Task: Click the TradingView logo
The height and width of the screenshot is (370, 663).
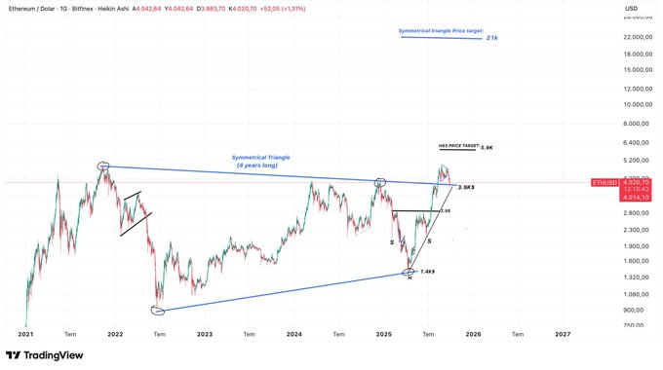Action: (x=46, y=356)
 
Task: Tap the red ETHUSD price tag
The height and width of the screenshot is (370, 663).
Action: (x=604, y=182)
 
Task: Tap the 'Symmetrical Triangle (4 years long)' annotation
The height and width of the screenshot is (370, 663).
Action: (x=261, y=161)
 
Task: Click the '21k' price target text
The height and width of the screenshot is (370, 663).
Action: (x=492, y=38)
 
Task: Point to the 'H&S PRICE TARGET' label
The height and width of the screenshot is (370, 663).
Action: (x=458, y=145)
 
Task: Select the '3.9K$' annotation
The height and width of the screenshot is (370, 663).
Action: (x=466, y=187)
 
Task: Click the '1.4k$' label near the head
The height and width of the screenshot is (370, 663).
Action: (x=428, y=271)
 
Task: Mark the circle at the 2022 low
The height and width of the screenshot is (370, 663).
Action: (x=158, y=311)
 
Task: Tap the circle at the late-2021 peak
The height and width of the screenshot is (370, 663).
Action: (x=104, y=166)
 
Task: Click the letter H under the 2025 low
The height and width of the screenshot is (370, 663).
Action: (x=409, y=279)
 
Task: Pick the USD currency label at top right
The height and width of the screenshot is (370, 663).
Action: (x=632, y=10)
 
